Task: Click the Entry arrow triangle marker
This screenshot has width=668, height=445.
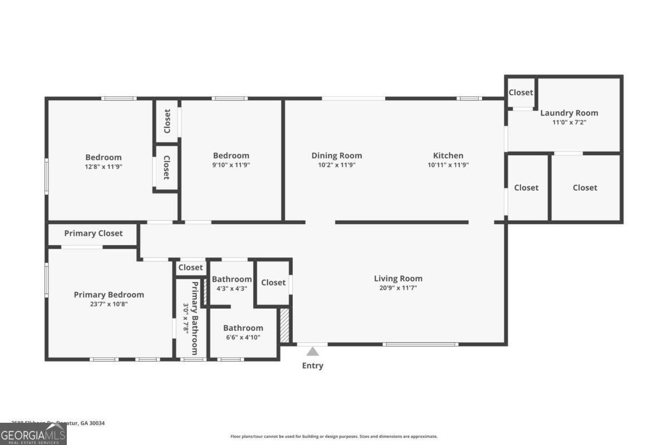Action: coord(313,351)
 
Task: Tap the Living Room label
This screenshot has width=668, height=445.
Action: coord(398,279)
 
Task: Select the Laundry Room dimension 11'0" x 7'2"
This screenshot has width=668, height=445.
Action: coord(569,122)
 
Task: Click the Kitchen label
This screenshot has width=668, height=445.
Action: coord(448,156)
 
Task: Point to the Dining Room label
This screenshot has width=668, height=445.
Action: coord(336,156)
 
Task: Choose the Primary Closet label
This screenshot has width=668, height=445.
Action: coord(94,233)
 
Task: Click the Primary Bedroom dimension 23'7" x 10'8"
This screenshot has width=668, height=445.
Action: coord(109,304)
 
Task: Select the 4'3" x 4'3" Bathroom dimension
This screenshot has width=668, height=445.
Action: coord(232,288)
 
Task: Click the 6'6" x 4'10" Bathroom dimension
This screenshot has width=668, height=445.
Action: coord(243,337)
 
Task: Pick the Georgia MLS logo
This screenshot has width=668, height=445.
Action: coord(33,434)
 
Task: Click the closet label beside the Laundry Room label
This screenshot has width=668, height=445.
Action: coord(521,92)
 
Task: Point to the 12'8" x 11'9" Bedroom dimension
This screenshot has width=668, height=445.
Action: coord(104,166)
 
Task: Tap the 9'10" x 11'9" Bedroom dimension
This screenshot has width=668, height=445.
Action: coord(231,165)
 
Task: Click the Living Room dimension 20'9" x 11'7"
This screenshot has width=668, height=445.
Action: coord(398,288)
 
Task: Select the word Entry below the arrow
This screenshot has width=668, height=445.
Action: coord(313,365)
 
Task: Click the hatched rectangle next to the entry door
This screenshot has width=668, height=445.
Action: coord(284,326)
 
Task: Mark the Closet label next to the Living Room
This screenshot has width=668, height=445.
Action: coord(273,283)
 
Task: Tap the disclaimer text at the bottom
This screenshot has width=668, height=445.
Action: coord(334,437)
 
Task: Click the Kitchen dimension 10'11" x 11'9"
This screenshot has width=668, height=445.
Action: coord(448,165)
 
